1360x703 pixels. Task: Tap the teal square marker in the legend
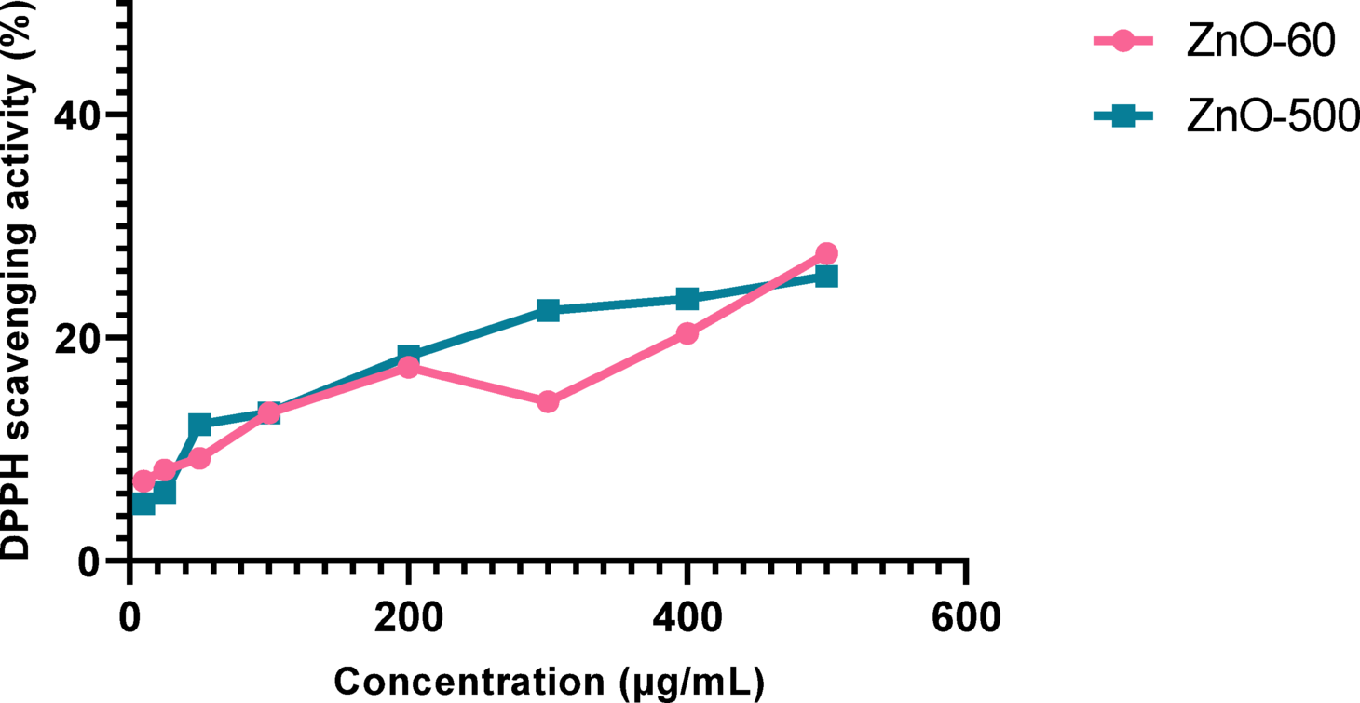tap(1123, 116)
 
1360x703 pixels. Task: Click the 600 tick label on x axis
tap(966, 616)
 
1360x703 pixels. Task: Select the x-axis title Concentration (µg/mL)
tap(549, 682)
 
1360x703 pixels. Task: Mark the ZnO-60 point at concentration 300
tap(548, 401)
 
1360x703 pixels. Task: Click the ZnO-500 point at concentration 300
tap(548, 310)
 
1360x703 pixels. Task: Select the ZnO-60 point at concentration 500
tap(826, 253)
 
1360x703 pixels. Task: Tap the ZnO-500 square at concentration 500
tap(826, 276)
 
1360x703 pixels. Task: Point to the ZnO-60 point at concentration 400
tap(687, 333)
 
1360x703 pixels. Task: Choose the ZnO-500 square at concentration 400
tap(687, 299)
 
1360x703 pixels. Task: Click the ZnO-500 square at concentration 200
tap(408, 355)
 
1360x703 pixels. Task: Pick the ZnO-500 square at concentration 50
tap(199, 425)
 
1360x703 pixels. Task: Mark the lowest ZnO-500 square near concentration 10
tap(143, 504)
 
